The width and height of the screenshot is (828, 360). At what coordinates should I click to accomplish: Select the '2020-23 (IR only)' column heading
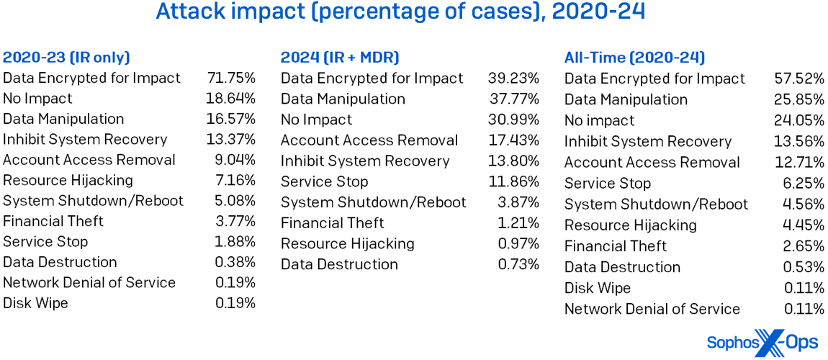[66, 58]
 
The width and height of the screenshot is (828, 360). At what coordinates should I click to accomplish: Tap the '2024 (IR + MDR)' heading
[340, 58]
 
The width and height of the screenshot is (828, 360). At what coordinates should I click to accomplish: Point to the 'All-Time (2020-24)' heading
[634, 58]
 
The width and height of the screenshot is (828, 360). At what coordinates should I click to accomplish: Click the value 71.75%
[230, 78]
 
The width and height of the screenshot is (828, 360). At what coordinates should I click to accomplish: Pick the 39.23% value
[513, 78]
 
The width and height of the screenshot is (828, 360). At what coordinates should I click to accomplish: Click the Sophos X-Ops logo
[762, 343]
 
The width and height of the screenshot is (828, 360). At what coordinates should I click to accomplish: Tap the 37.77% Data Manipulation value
[513, 99]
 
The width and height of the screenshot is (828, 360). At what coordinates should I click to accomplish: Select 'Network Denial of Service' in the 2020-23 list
[89, 282]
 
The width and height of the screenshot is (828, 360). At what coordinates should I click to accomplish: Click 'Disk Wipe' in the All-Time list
[597, 288]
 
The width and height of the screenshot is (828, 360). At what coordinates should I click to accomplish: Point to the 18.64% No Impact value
[230, 98]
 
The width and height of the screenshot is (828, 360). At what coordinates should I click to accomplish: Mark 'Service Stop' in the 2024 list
[324, 181]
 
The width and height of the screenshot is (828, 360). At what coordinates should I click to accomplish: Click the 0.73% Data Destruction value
[518, 264]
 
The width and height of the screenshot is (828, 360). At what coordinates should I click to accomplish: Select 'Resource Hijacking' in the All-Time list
[630, 225]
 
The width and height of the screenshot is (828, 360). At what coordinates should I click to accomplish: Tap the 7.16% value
[235, 180]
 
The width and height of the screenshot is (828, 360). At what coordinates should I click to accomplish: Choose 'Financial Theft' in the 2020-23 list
[53, 221]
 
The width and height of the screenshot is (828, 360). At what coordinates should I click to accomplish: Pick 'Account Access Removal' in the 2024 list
[369, 140]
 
